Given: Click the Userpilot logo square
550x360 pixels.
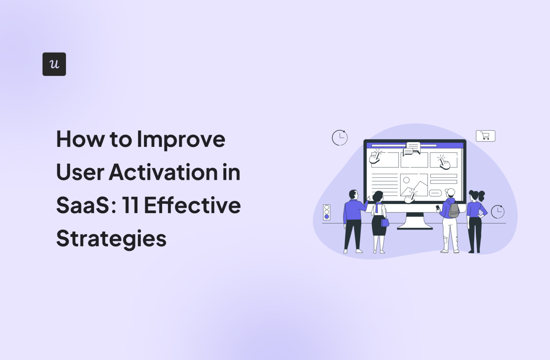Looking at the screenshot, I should [54, 64].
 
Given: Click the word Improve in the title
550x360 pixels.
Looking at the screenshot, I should [181, 139].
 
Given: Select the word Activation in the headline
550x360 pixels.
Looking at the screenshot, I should [163, 172].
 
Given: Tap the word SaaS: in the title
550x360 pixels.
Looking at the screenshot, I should [86, 206].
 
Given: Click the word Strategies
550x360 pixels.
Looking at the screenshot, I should [111, 239].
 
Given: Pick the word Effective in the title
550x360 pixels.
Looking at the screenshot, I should [192, 206].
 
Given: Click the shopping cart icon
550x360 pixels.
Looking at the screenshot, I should [485, 136].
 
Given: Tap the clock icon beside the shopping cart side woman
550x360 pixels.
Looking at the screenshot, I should [497, 212].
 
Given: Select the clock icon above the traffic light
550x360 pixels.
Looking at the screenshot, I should [339, 138].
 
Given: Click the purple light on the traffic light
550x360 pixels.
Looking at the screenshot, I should [327, 217].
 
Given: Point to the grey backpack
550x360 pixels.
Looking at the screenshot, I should [454, 210].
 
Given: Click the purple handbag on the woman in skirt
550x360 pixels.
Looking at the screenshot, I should [385, 222].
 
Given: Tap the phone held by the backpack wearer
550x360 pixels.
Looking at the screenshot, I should [437, 207].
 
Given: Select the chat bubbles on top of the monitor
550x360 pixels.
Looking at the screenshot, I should [412, 148].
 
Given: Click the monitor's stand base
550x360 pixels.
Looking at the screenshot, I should [415, 226].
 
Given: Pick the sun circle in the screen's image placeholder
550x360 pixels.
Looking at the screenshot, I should [406, 180].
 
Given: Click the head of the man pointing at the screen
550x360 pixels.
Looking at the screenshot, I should [353, 195].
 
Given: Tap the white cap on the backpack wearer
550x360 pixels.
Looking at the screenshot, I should [451, 192].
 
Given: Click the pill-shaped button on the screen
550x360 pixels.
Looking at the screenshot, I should [435, 193].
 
